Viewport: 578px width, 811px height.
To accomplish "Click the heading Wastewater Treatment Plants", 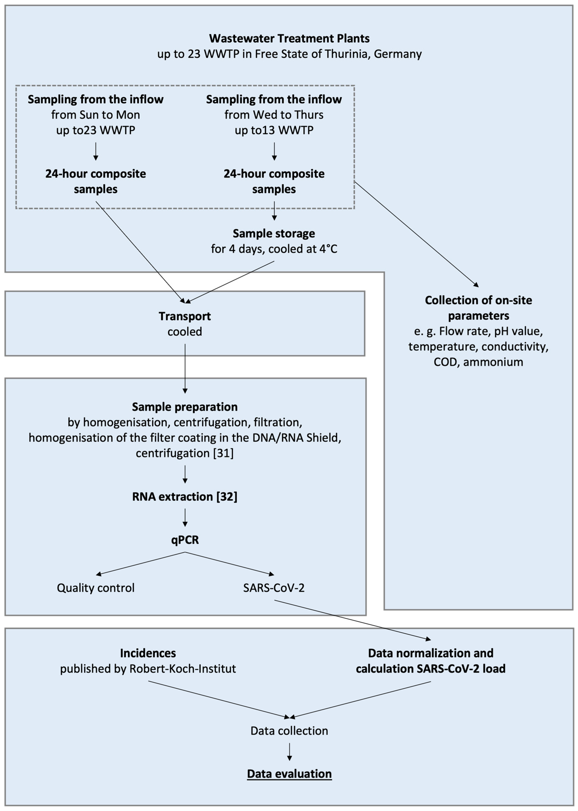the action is pyautogui.click(x=289, y=38).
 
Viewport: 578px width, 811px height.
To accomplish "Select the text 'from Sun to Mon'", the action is pyautogui.click(x=95, y=115).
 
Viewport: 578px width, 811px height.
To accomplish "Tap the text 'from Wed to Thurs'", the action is pyautogui.click(x=274, y=115).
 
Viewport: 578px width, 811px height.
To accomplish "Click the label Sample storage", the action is pyautogui.click(x=274, y=234).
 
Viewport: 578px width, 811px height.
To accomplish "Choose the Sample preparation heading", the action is pyautogui.click(x=185, y=407).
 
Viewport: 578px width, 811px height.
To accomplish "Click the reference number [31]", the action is pyautogui.click(x=223, y=453).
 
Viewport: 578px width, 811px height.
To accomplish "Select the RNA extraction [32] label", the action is pyautogui.click(x=185, y=497).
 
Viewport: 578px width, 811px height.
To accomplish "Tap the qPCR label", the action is pyautogui.click(x=185, y=540).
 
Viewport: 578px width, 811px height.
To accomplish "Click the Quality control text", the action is pyautogui.click(x=96, y=588).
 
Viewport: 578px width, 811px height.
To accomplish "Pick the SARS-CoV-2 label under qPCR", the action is pyautogui.click(x=274, y=588).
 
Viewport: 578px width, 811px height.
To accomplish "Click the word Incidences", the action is pyautogui.click(x=148, y=653).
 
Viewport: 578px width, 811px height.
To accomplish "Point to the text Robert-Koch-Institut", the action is pyautogui.click(x=183, y=669).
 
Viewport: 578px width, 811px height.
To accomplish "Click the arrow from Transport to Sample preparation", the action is pyautogui.click(x=185, y=369).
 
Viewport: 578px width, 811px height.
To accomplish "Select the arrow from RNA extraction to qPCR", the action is pyautogui.click(x=185, y=517).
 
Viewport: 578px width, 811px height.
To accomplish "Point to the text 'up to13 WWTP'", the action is pyautogui.click(x=274, y=130).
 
